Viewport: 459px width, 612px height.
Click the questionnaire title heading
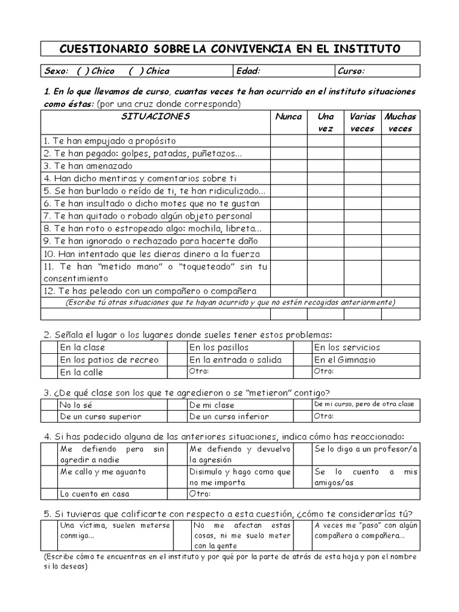(x=230, y=48)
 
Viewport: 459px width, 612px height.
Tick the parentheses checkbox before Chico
(x=83, y=71)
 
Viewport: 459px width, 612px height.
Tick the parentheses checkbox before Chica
(x=136, y=71)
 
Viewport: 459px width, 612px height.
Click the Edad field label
(x=249, y=71)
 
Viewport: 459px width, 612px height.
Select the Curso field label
(x=351, y=71)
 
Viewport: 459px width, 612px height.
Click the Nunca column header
(x=288, y=117)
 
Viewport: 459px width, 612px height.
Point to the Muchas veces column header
(x=400, y=122)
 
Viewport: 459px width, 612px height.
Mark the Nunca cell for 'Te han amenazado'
(x=288, y=166)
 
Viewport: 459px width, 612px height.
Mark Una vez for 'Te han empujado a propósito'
(x=326, y=140)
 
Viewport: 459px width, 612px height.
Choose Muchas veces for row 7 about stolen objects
(x=400, y=216)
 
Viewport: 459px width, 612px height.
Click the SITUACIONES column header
(x=155, y=117)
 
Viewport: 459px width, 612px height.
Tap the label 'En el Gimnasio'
(x=345, y=360)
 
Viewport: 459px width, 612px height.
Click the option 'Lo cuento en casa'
(x=94, y=494)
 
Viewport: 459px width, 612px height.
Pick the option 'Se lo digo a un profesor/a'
(x=365, y=448)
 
